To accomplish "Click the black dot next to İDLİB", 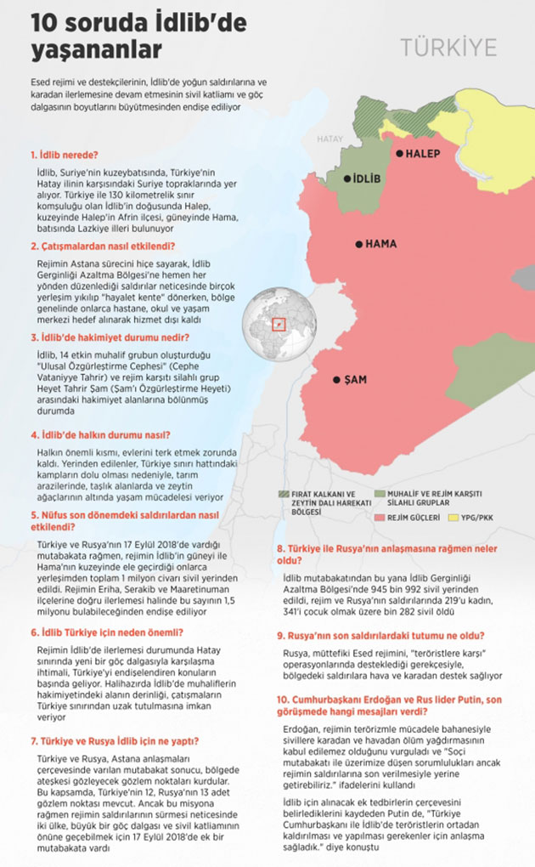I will point(348,178).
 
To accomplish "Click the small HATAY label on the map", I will point(329,138).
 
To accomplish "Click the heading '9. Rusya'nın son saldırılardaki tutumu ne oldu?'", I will point(381,635).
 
